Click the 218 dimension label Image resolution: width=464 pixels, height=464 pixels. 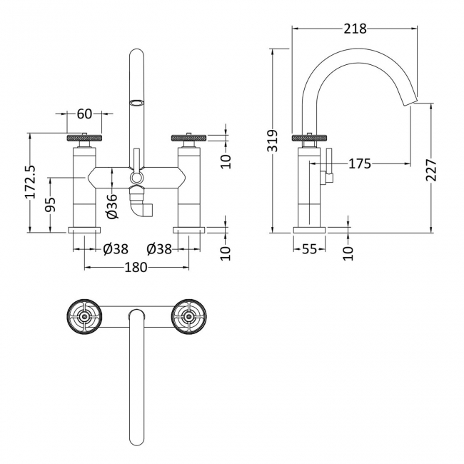(x=354, y=29)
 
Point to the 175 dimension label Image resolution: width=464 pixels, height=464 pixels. (x=359, y=164)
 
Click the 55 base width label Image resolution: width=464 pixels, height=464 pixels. (x=309, y=249)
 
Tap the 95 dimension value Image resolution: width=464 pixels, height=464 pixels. (x=51, y=205)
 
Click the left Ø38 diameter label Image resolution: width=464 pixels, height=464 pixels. (x=114, y=249)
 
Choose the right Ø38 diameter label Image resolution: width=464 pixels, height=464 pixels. (x=158, y=249)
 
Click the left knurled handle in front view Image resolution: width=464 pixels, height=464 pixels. (x=84, y=138)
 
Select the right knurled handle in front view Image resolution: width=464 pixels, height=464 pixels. (x=188, y=138)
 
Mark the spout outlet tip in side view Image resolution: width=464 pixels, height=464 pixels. (x=413, y=104)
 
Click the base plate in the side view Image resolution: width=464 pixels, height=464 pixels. (x=309, y=230)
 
